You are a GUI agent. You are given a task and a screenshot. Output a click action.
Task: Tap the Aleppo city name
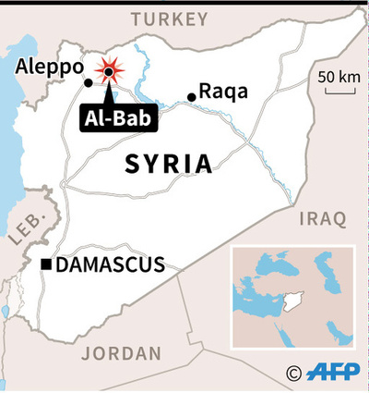pyautogui.click(x=47, y=67)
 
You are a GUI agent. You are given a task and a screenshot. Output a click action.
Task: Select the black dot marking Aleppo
pyautogui.click(x=89, y=83)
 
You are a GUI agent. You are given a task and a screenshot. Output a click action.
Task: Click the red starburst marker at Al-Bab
pyautogui.click(x=109, y=71)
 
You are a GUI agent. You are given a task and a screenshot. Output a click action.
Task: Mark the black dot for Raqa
pyautogui.click(x=192, y=96)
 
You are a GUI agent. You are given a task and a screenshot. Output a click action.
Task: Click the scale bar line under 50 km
pyautogui.click(x=337, y=89)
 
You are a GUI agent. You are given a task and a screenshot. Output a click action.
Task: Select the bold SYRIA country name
pyautogui.click(x=168, y=166)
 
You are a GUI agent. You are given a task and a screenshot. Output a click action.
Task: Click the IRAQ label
pyautogui.click(x=321, y=219)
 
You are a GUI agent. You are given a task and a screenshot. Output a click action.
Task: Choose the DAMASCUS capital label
pyautogui.click(x=111, y=265)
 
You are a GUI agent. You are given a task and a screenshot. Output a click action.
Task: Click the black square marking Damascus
pyautogui.click(x=46, y=266)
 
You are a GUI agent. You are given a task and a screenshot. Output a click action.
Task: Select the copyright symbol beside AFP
pyautogui.click(x=294, y=373)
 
